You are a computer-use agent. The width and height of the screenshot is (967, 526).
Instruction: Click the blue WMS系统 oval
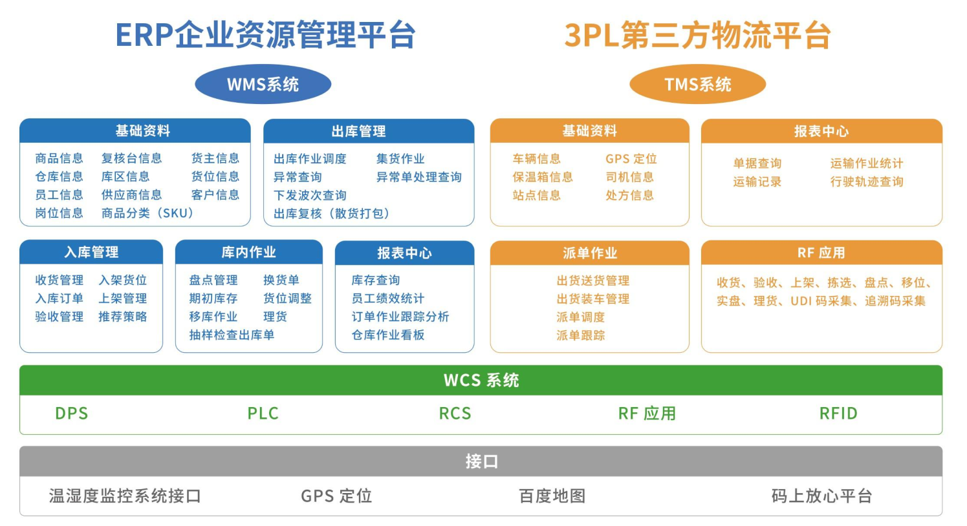pyautogui.click(x=263, y=84)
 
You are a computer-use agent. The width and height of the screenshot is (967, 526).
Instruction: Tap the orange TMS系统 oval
pyautogui.click(x=697, y=84)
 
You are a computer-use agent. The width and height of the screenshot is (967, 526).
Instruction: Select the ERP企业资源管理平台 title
pyautogui.click(x=265, y=35)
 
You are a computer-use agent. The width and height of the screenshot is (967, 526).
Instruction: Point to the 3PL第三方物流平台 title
pyautogui.click(x=697, y=35)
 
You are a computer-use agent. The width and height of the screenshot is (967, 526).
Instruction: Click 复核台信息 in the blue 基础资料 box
pyautogui.click(x=131, y=158)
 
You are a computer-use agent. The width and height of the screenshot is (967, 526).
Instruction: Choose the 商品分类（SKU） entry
pyautogui.click(x=147, y=213)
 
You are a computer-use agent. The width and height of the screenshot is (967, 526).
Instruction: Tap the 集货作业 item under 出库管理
pyautogui.click(x=400, y=159)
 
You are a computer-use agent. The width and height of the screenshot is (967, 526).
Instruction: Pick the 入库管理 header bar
pyautogui.click(x=91, y=252)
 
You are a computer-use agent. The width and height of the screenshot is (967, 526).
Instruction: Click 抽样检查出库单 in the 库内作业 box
pyautogui.click(x=232, y=335)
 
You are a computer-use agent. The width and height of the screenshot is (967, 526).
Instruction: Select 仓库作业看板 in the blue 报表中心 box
pyautogui.click(x=388, y=335)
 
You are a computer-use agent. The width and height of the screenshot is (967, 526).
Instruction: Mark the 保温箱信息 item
pyautogui.click(x=543, y=177)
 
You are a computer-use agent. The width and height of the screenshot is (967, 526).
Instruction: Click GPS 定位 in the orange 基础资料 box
pyautogui.click(x=631, y=159)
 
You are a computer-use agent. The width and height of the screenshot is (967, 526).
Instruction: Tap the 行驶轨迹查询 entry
pyautogui.click(x=867, y=182)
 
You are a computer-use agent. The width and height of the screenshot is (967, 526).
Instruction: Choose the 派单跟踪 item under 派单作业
pyautogui.click(x=580, y=335)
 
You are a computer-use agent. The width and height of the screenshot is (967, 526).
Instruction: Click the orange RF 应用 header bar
pyautogui.click(x=821, y=253)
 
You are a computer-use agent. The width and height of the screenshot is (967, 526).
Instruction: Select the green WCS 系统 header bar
pyautogui.click(x=481, y=380)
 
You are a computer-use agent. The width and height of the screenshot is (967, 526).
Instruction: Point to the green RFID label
pyautogui.click(x=838, y=414)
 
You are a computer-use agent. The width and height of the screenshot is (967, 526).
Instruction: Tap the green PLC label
pyautogui.click(x=263, y=414)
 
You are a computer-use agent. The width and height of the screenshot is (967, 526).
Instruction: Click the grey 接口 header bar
pyautogui.click(x=481, y=461)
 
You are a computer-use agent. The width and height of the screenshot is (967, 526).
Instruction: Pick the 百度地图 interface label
pyautogui.click(x=552, y=496)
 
